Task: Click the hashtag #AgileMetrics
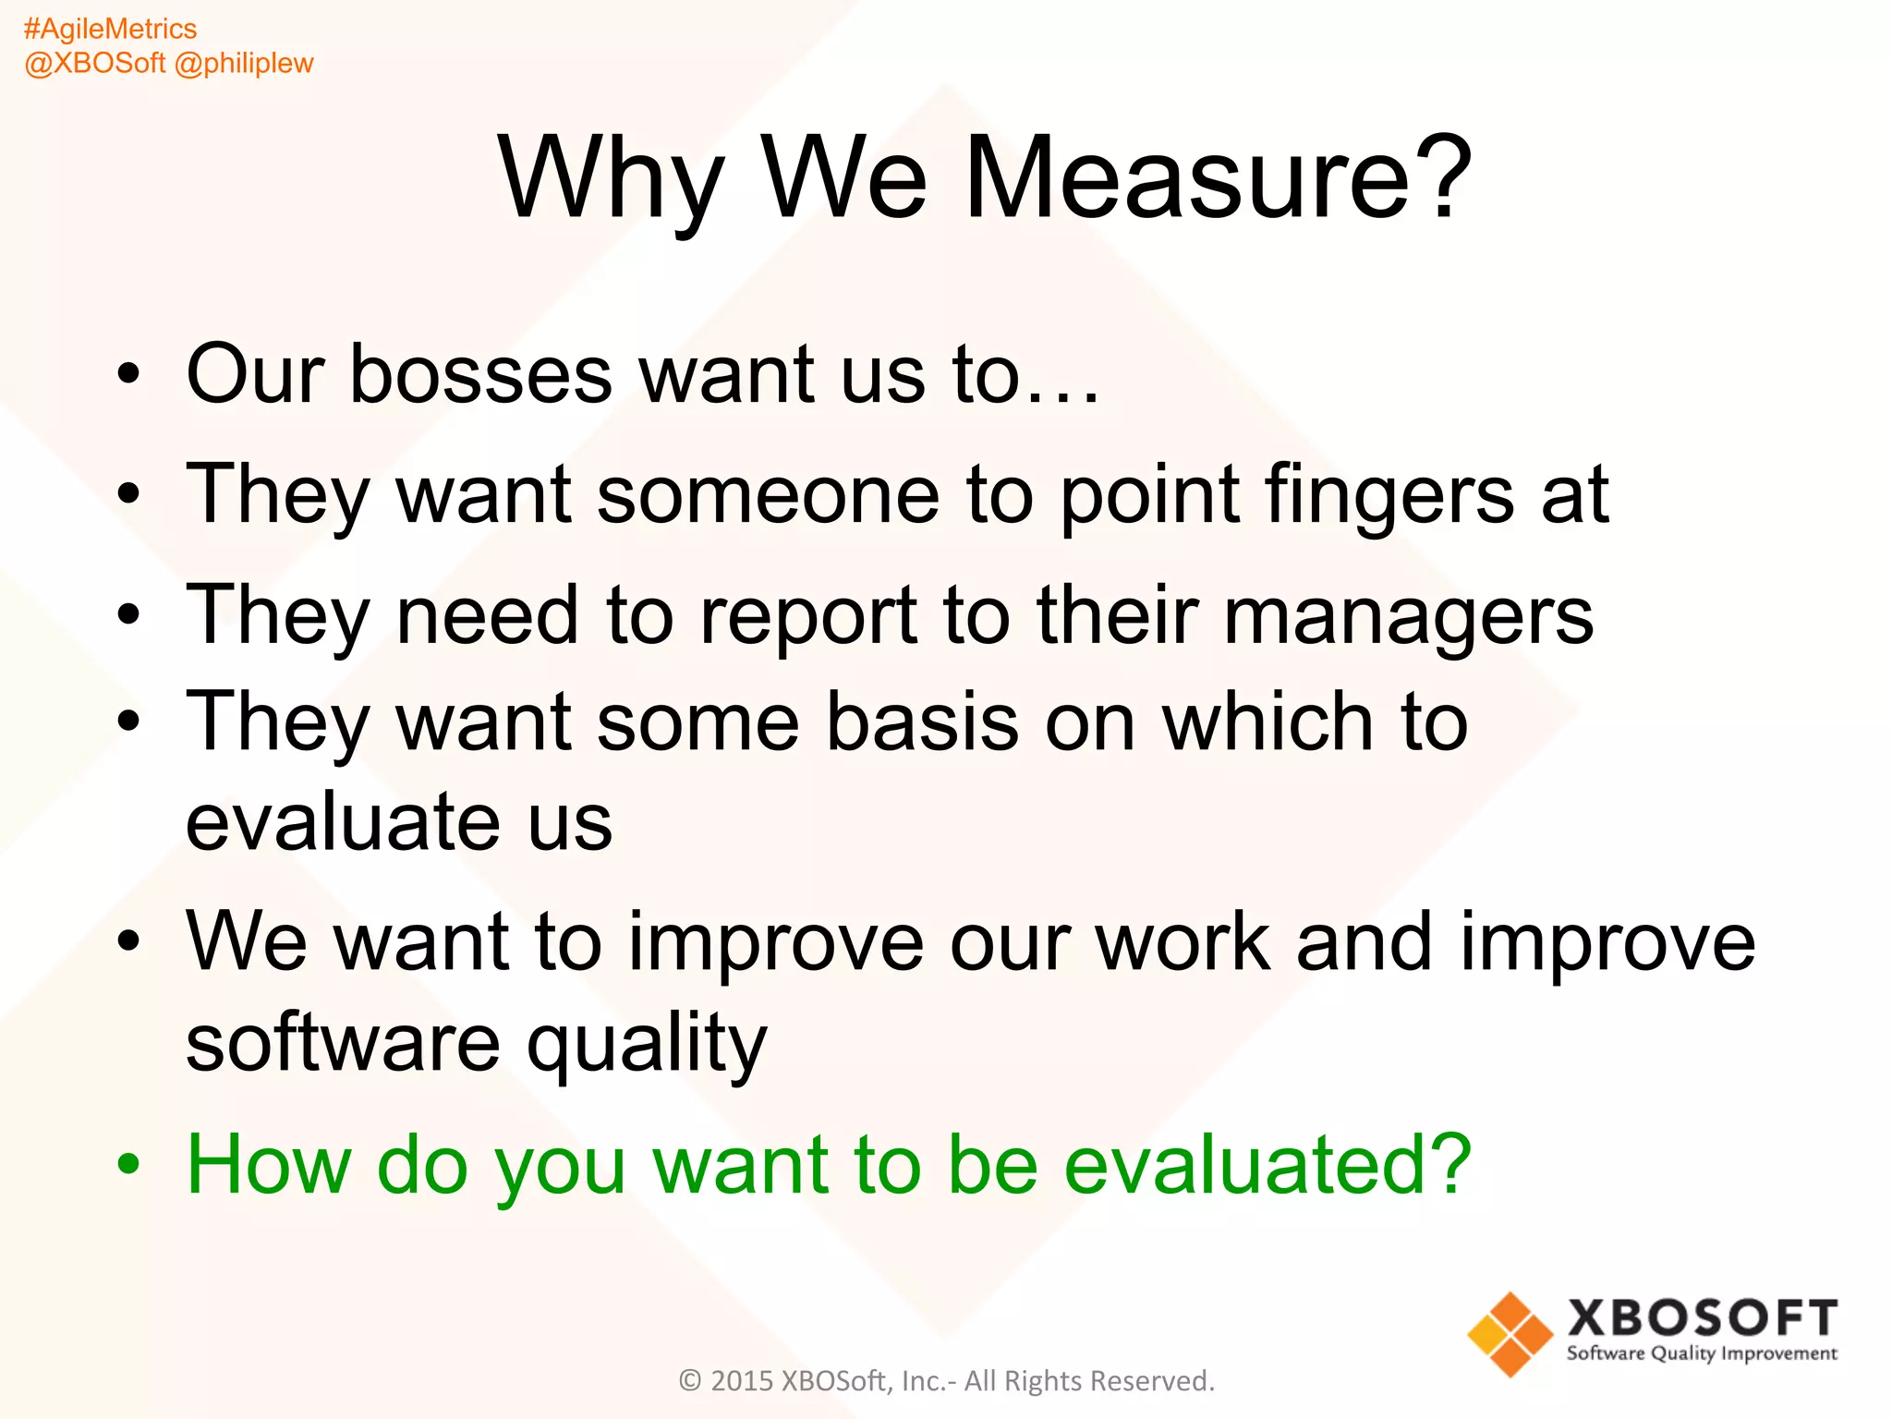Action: click(110, 30)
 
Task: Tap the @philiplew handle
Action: click(244, 63)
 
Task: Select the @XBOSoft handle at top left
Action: click(95, 63)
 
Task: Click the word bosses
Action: click(480, 374)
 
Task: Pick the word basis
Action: click(921, 722)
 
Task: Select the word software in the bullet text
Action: click(343, 1042)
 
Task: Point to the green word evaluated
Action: click(1266, 1165)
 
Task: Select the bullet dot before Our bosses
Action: click(129, 375)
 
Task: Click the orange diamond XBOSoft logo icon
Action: click(1510, 1335)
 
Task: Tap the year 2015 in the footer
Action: click(741, 1381)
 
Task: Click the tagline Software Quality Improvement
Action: click(1701, 1354)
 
